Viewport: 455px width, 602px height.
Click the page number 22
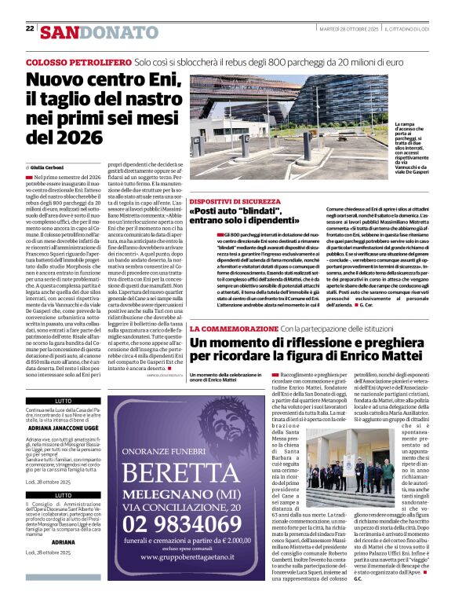click(30, 29)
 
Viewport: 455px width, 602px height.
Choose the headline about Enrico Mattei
click(314, 348)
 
